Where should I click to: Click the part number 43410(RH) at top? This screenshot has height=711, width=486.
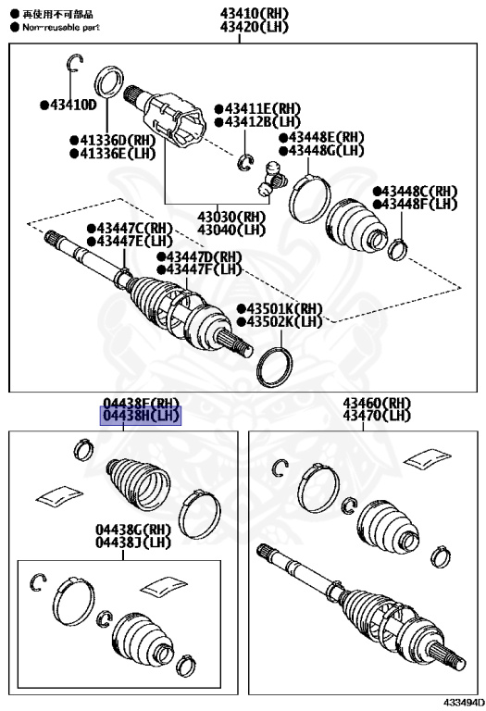tap(255, 13)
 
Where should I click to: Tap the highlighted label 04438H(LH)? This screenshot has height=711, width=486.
tap(141, 416)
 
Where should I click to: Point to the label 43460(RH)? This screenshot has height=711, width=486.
tap(376, 403)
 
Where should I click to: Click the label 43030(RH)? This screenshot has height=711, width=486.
tap(231, 217)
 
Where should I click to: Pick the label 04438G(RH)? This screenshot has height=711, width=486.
tap(132, 530)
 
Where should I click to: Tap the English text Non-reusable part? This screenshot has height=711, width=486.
tap(61, 28)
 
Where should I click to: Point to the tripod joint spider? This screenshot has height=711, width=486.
tap(271, 180)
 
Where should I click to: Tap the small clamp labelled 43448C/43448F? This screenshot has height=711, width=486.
tap(398, 250)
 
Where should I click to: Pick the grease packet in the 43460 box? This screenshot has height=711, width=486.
tap(427, 457)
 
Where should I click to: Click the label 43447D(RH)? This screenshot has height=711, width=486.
tap(199, 256)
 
